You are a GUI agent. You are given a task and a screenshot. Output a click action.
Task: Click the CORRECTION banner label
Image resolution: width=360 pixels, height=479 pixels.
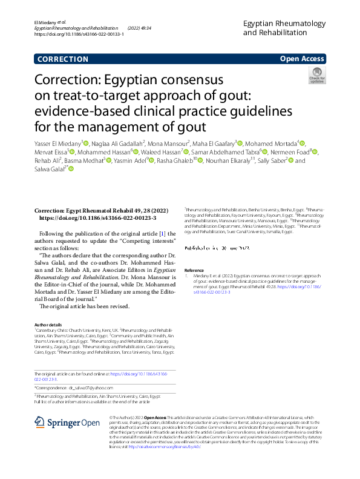coord(62,59)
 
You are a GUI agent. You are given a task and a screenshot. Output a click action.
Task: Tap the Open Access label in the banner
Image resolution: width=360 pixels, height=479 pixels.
coord(301,59)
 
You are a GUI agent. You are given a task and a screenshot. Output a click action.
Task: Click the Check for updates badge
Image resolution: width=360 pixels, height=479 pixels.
coord(316,76)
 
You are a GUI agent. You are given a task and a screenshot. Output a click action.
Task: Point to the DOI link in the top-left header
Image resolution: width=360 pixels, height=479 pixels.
coord(79,35)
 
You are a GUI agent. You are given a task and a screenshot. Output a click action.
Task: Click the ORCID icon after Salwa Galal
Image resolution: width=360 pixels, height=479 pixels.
coord(71,169)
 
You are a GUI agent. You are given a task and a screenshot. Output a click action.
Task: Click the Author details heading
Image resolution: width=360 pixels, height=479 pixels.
coord(48,325)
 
